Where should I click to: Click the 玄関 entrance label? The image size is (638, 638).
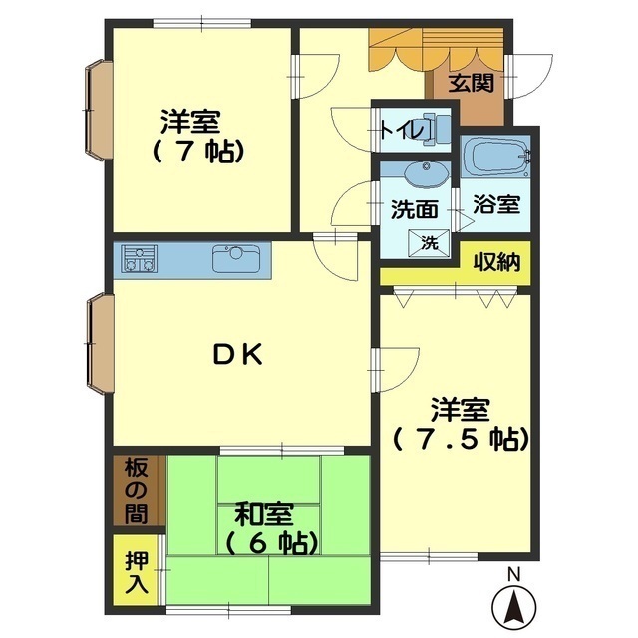pyautogui.click(x=472, y=83)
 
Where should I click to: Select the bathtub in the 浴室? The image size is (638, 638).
pyautogui.click(x=496, y=157)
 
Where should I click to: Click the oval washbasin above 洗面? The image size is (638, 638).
pyautogui.click(x=426, y=174)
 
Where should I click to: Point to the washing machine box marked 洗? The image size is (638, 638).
pyautogui.click(x=430, y=243)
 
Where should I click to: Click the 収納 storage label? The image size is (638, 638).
pyautogui.click(x=496, y=262)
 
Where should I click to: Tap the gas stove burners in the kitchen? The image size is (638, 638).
pyautogui.click(x=140, y=259)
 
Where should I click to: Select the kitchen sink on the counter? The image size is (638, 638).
pyautogui.click(x=235, y=259)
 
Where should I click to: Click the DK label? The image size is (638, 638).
pyautogui.click(x=237, y=354)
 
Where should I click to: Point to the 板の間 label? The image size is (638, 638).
pyautogui.click(x=136, y=491)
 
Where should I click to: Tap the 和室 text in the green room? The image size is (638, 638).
pyautogui.click(x=263, y=514)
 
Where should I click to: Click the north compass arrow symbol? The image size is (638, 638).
pyautogui.click(x=514, y=607)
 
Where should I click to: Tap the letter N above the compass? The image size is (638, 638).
pyautogui.click(x=514, y=574)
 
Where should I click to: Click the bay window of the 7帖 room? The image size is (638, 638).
pyautogui.click(x=99, y=111)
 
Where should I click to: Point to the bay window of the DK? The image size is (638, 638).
pyautogui.click(x=100, y=343)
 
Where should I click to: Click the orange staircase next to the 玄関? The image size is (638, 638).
pyautogui.click(x=437, y=50)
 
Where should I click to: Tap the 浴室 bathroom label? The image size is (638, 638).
pyautogui.click(x=496, y=204)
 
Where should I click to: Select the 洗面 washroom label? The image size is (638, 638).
pyautogui.click(x=415, y=210)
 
